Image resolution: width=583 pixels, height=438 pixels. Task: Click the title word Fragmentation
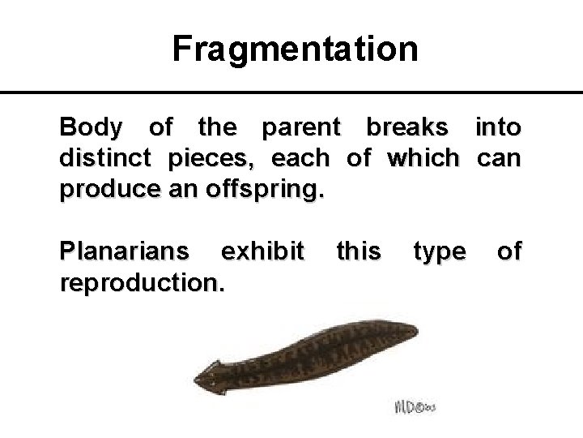pos(296,49)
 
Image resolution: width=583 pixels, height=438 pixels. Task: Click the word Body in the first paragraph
pos(91,128)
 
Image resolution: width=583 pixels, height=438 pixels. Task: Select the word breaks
pos(406,127)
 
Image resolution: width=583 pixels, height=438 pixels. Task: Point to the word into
pos(498,127)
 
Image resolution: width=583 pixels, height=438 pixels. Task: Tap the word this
pos(357,251)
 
